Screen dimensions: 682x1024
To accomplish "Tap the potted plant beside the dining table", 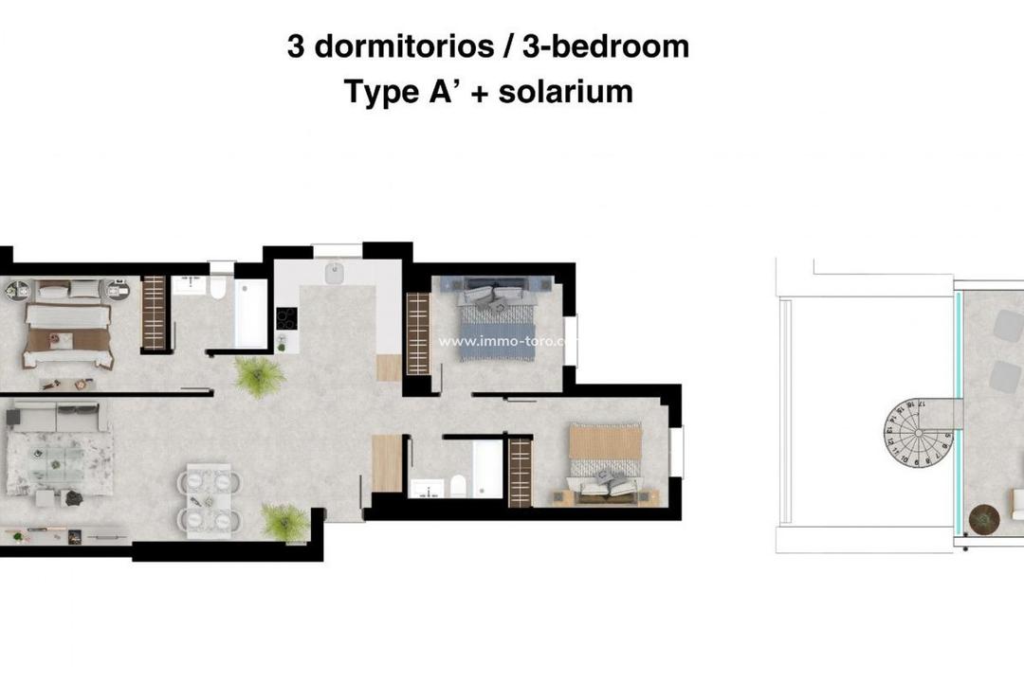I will (x=283, y=522).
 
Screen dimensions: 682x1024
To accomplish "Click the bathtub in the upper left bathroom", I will (x=251, y=314).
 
